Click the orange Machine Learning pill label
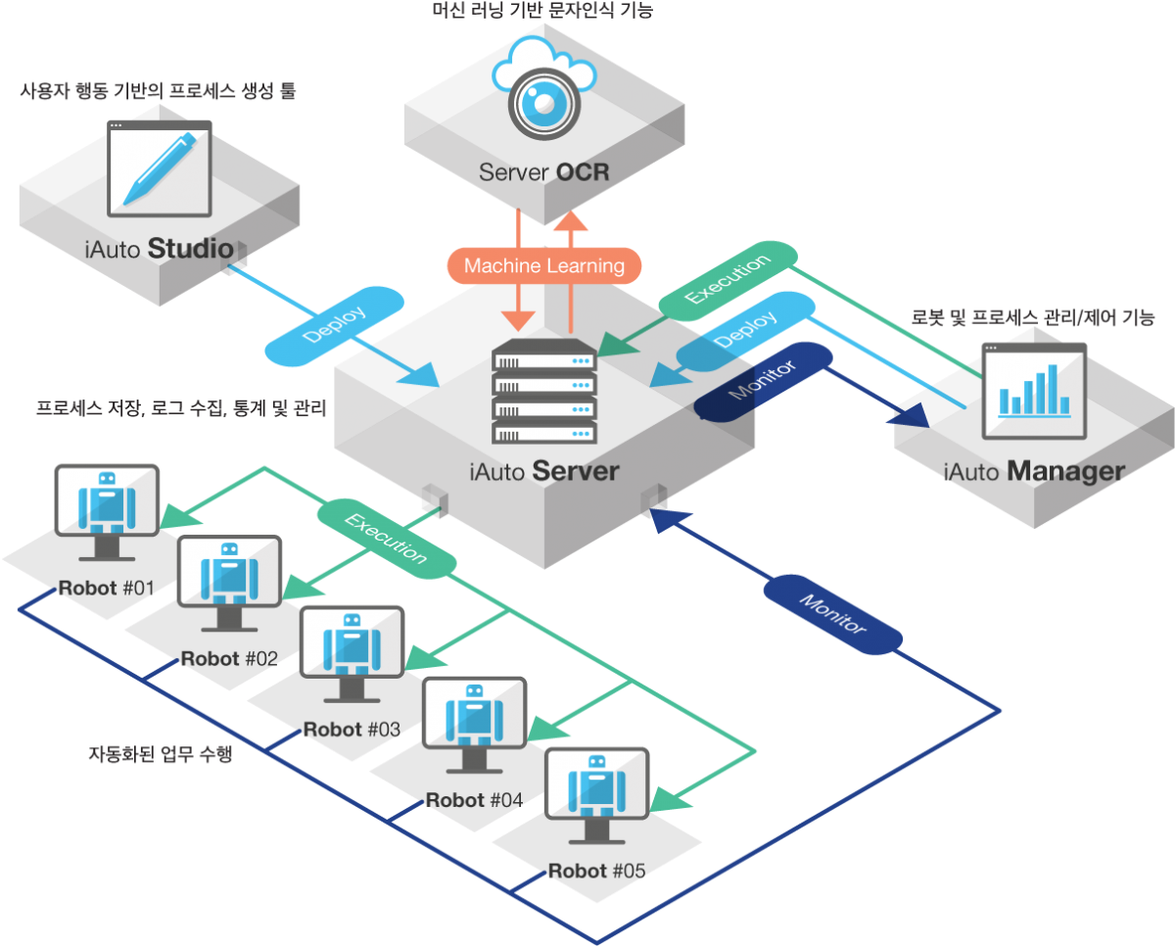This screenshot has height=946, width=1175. [544, 265]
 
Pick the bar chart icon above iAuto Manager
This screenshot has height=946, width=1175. [1034, 390]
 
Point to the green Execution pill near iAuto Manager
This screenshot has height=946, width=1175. [728, 280]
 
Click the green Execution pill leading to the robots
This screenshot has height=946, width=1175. [386, 536]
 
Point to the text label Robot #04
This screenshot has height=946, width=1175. [474, 800]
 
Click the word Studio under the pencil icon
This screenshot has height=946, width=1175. [190, 249]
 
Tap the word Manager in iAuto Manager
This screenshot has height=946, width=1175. [1065, 472]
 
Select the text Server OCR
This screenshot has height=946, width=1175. [544, 173]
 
